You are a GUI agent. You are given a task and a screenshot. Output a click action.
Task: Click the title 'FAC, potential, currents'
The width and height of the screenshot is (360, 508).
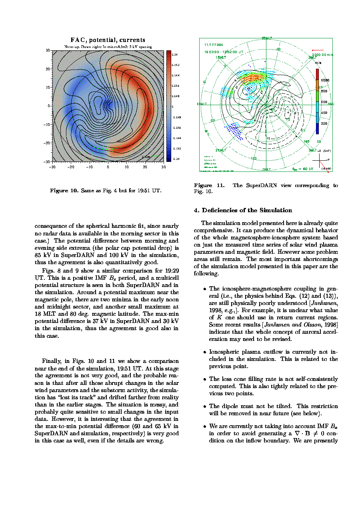pyautogui.click(x=108, y=40)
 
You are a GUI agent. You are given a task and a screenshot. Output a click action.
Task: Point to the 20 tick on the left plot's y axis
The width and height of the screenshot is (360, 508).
pyautogui.click(x=48, y=69)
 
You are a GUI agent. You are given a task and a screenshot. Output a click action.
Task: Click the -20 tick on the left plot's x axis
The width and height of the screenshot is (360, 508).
pyautogui.click(x=71, y=167)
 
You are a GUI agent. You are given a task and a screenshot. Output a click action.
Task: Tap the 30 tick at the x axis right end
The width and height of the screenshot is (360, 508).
pyautogui.click(x=164, y=167)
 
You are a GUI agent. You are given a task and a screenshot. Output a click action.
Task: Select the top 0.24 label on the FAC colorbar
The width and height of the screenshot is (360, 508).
pyautogui.click(x=175, y=54)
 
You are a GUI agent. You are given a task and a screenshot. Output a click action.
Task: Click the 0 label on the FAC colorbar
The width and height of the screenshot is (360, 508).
pyautogui.click(x=173, y=107)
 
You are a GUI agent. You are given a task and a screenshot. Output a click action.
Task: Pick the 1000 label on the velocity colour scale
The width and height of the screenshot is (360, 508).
pyautogui.click(x=324, y=80)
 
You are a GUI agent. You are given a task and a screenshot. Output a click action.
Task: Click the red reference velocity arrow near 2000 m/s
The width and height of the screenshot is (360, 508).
pyautogui.click(x=317, y=50)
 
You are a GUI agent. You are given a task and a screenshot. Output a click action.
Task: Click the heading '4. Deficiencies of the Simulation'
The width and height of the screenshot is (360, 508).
pyautogui.click(x=243, y=211)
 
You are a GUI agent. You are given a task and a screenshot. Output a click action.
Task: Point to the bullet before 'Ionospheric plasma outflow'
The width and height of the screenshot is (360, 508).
pyautogui.click(x=205, y=352)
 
